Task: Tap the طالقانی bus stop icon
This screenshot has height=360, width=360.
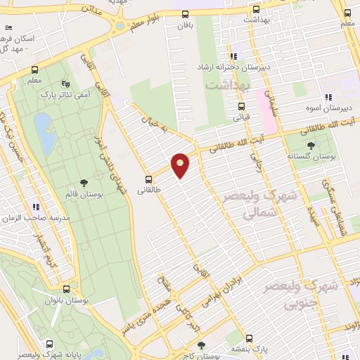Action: coord(148,179)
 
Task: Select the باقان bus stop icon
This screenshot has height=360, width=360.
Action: coord(185,14)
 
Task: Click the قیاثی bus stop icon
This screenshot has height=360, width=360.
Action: coord(240,106)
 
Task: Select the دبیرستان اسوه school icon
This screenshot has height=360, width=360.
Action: coord(327,98)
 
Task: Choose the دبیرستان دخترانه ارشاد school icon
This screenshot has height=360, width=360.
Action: coord(233,56)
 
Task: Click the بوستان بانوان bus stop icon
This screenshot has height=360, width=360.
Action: coord(67,289)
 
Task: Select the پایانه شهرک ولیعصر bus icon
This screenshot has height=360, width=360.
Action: coord(49,344)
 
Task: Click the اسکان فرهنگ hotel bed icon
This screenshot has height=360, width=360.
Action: coord(8,27)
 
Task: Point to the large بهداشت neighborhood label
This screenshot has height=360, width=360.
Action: coord(228,84)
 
